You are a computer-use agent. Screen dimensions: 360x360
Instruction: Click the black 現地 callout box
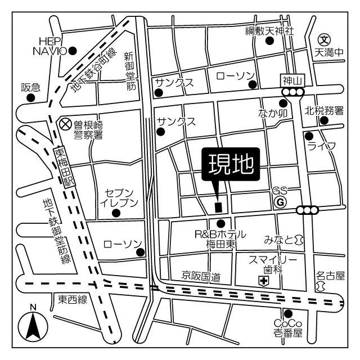tap(231, 164)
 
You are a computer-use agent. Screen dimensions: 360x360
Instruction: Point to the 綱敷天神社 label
tap(269, 31)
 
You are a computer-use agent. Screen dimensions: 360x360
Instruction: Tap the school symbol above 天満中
tap(324, 39)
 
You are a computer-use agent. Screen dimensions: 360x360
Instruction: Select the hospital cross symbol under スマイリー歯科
tap(263, 280)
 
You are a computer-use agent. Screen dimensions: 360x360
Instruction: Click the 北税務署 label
tap(324, 111)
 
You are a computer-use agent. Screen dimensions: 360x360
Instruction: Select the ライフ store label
tap(322, 146)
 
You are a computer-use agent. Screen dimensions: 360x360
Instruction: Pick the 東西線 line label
tap(73, 300)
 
